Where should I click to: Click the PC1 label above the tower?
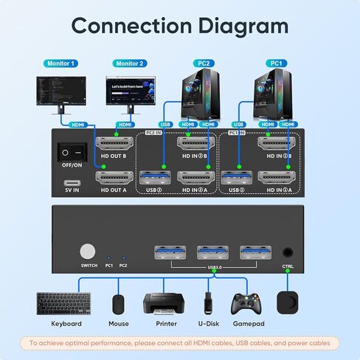coord(277,64)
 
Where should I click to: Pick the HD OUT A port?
coord(114,178)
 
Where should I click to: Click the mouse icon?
coord(118,303)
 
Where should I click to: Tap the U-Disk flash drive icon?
coord(209,303)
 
